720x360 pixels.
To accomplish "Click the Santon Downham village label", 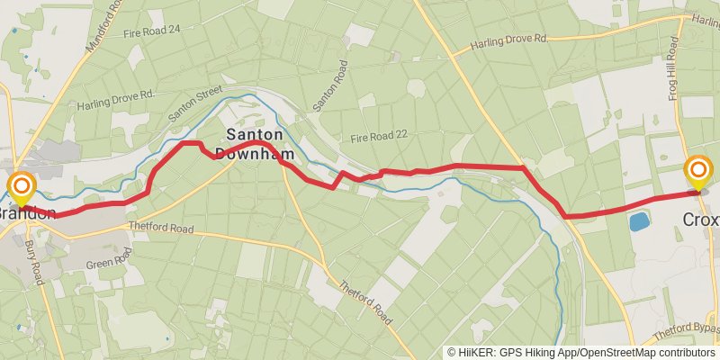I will click(x=254, y=142).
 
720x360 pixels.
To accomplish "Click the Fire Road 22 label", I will click(x=379, y=135).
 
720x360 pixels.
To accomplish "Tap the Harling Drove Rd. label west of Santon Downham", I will click(x=116, y=99).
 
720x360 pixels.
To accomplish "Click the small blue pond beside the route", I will click(x=639, y=221).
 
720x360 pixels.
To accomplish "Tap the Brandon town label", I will click(x=27, y=214).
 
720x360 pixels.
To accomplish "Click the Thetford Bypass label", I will click(x=693, y=328).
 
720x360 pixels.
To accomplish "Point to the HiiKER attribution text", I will click(x=581, y=352).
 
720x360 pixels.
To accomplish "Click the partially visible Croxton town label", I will click(x=701, y=220).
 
